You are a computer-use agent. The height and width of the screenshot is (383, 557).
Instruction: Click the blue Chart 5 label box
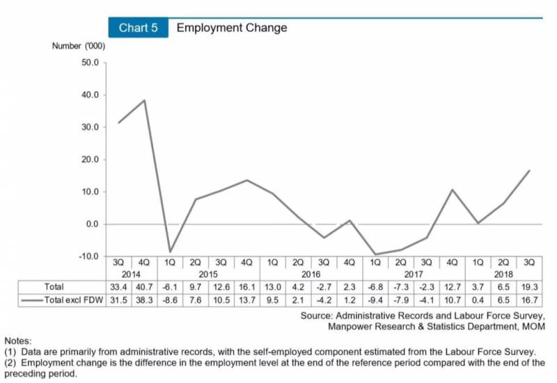click(138, 28)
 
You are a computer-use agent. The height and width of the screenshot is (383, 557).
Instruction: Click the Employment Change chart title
click(231, 28)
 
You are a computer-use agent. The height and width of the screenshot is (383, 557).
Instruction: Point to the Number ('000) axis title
click(78, 46)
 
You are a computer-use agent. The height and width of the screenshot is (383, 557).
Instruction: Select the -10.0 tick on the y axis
click(90, 256)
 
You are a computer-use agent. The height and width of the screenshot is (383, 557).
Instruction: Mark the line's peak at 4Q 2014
click(144, 100)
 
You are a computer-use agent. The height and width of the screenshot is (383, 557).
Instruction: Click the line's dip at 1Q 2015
click(170, 252)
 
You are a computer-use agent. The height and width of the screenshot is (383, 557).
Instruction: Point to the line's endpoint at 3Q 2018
click(529, 170)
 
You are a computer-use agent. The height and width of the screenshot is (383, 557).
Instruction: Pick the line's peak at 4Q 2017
click(452, 190)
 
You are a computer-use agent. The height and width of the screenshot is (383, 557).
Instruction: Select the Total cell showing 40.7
click(144, 286)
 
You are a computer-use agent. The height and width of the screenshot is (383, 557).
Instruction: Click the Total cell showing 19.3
click(529, 286)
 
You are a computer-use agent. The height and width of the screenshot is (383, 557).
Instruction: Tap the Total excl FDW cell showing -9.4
click(375, 300)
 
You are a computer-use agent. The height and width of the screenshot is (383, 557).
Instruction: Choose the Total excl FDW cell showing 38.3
click(144, 300)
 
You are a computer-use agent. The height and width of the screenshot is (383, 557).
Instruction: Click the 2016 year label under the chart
click(311, 274)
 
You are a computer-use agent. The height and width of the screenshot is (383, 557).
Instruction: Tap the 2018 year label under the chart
click(503, 274)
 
